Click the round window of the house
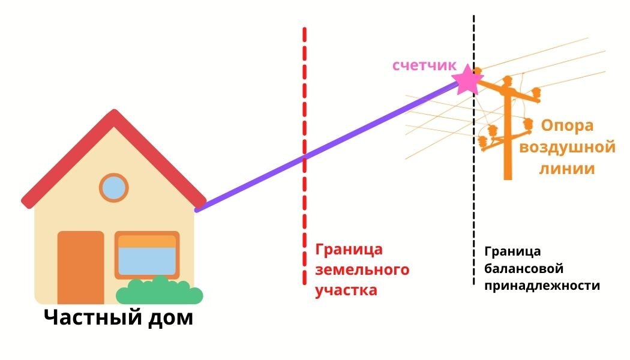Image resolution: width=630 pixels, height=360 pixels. pyautogui.click(x=113, y=187)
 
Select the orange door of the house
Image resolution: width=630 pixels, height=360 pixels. pyautogui.click(x=80, y=267)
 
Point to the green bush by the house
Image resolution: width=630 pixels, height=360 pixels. pyautogui.click(x=159, y=292)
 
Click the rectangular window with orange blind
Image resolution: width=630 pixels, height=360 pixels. pyautogui.click(x=147, y=254)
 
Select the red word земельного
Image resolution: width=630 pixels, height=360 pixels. pyautogui.click(x=362, y=269)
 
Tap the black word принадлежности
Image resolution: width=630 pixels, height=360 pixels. pyautogui.click(x=542, y=286)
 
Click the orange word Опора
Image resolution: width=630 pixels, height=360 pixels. pyautogui.click(x=567, y=126)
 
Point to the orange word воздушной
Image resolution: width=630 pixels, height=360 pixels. pyautogui.click(x=568, y=148)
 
